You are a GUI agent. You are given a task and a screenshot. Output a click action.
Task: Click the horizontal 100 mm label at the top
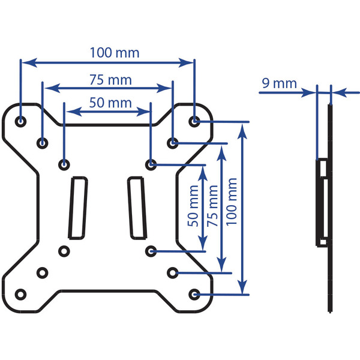[x=115, y=53]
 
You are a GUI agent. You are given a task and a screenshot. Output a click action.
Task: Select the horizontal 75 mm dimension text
[x=110, y=80]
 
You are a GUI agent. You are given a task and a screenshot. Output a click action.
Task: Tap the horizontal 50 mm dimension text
[x=110, y=103]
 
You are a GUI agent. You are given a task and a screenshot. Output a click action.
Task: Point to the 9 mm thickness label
[x=279, y=83]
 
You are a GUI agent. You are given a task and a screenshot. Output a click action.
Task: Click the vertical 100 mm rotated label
[x=232, y=202]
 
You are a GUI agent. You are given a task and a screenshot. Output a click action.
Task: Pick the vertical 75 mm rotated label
[x=212, y=206]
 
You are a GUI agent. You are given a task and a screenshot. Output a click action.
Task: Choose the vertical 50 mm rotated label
[x=193, y=206]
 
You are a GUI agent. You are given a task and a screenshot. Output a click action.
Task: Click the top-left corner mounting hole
[x=20, y=121]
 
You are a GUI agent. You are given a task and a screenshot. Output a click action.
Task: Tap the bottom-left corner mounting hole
[x=20, y=295]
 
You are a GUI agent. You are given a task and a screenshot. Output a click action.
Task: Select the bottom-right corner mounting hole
[x=194, y=295]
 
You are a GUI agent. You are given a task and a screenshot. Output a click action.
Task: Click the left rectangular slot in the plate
[x=78, y=208]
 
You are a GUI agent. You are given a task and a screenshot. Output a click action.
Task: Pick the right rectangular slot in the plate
[x=137, y=208]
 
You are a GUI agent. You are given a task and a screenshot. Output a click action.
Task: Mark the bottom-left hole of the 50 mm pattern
[x=64, y=251]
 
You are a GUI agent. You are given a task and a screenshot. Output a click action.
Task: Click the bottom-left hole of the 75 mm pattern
[x=43, y=273]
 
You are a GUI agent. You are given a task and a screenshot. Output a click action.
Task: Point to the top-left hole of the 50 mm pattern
[x=64, y=164]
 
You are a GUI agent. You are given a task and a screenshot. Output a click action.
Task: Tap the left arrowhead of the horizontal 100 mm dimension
[x=29, y=62]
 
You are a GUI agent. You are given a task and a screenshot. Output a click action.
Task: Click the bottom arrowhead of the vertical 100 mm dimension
[x=242, y=287]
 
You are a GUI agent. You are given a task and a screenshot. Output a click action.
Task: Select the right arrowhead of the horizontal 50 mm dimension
[x=143, y=112]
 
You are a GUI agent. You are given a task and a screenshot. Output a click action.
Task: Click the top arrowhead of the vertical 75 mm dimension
[x=221, y=153]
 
